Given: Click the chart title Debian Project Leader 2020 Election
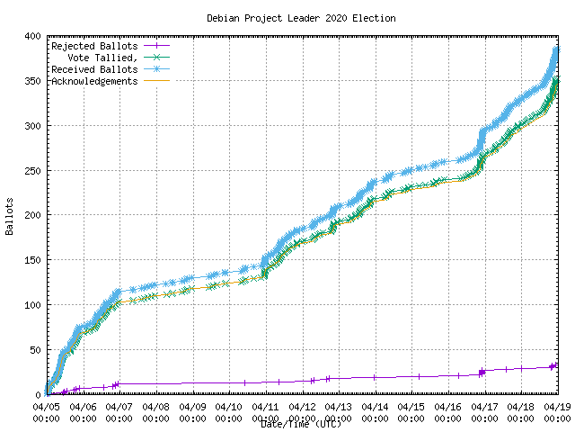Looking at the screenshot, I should tap(301, 18).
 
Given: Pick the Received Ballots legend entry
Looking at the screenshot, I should tap(94, 69).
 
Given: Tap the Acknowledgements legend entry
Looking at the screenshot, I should tap(94, 81).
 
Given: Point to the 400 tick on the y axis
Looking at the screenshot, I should tap(31, 36).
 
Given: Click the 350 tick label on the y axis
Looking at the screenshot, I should tap(31, 81).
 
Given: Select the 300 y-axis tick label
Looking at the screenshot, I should tap(31, 126).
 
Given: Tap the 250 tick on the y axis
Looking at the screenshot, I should tap(31, 171).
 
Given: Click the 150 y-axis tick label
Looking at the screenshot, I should tap(31, 260).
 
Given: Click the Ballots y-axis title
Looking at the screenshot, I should tap(9, 216).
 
